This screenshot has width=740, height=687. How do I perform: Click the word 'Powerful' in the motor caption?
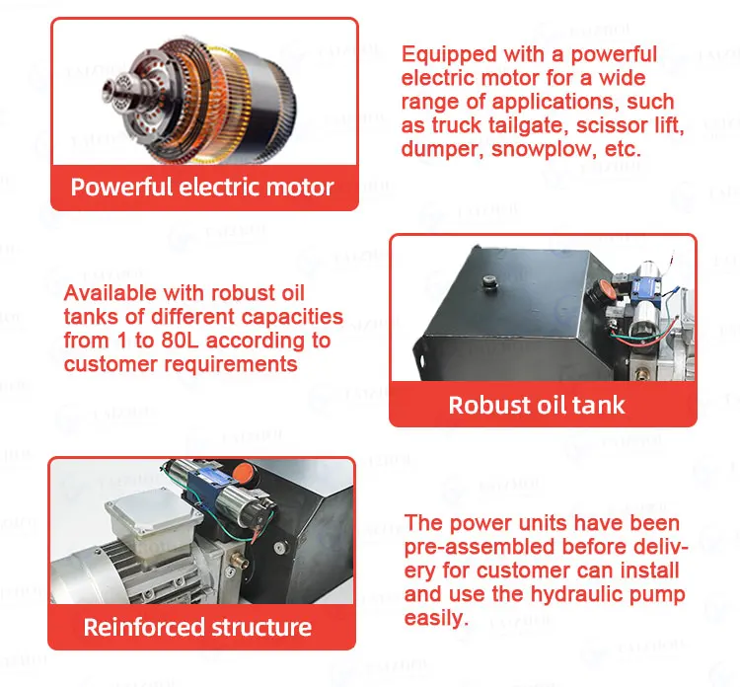pyautogui.click(x=120, y=187)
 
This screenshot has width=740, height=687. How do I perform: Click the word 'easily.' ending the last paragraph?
pyautogui.click(x=434, y=618)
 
